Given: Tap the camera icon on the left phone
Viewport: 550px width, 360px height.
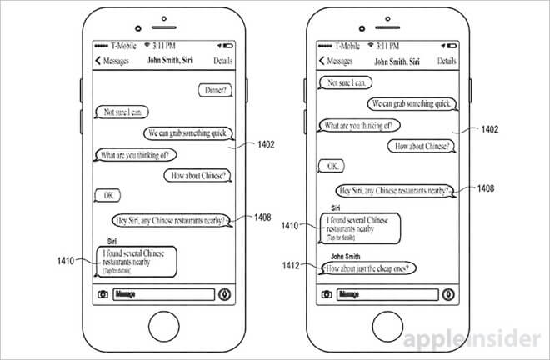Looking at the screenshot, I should [x=103, y=294].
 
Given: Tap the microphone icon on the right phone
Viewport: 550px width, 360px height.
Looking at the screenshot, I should [x=448, y=294].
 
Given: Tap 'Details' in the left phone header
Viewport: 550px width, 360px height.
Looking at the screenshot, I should [x=222, y=61].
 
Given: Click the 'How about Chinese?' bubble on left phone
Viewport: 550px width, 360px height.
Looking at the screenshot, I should [x=199, y=176].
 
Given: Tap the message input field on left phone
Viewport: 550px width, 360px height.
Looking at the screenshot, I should [x=163, y=294].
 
